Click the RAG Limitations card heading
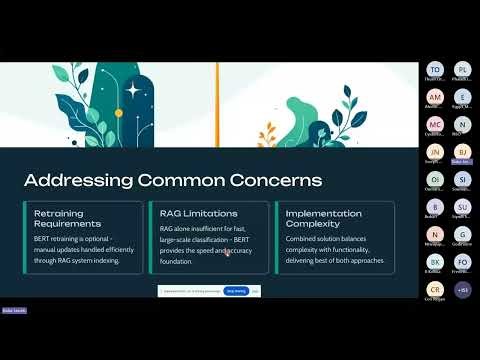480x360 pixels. click(x=198, y=213)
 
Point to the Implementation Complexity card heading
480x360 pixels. click(x=323, y=218)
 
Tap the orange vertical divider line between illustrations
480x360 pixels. click(x=217, y=104)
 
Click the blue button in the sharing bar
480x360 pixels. click(x=236, y=290)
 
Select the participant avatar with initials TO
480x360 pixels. click(x=435, y=70)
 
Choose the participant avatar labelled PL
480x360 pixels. click(x=462, y=70)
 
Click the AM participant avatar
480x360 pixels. click(x=435, y=97)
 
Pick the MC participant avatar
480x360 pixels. click(x=435, y=124)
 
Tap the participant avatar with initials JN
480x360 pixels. click(x=435, y=151)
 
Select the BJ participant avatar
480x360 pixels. click(x=462, y=151)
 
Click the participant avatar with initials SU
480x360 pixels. click(x=462, y=206)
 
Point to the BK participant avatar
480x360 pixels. click(x=435, y=261)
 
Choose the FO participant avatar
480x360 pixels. click(x=462, y=261)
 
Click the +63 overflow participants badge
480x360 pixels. click(x=462, y=289)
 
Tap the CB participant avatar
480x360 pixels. click(x=435, y=289)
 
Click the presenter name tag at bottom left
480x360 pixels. click(x=13, y=311)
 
